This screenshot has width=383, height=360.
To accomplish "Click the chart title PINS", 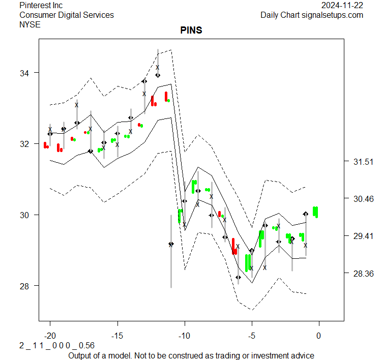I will pos(191,31).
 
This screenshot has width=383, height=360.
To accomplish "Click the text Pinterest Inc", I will pos(41,5).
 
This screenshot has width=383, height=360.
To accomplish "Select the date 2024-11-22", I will pos(342,5).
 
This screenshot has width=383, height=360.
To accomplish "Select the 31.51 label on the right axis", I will pos(363,162).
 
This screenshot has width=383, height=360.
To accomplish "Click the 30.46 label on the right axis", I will pos(363,199).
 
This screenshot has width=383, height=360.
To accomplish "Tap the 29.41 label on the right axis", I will pos(363,236).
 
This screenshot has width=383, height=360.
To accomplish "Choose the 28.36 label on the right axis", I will pos(363,274).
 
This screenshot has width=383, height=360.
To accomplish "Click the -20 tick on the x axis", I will pos(50,336).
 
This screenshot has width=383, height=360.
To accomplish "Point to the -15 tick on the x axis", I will pos(117,336).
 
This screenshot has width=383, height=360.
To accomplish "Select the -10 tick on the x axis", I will pos(184,336).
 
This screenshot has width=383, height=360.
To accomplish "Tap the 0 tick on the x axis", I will pos(319,336).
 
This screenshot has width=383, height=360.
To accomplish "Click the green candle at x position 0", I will pos(315,212).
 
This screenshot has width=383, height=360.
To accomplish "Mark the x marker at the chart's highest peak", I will pos(158,67).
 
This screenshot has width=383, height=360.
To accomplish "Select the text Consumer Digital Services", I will pos(67,15).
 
